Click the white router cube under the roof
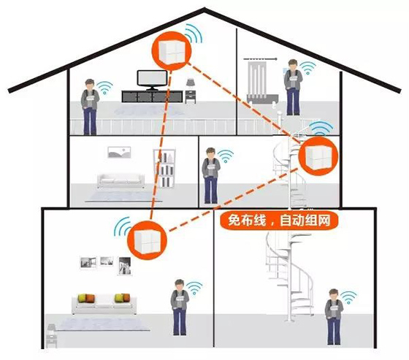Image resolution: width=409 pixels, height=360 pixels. [172, 51]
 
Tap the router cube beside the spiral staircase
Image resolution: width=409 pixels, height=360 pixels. [318, 156]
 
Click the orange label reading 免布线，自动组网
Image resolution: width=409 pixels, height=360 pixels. [279, 221]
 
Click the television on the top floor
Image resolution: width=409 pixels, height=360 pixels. [152, 80]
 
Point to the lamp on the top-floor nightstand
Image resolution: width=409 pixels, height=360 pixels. [191, 83]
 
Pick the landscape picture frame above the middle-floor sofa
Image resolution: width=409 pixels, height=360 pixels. [119, 153]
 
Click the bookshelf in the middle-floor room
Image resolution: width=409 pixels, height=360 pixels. [164, 168]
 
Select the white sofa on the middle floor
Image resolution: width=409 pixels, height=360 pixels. [121, 180]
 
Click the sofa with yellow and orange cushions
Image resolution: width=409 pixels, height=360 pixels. [104, 304]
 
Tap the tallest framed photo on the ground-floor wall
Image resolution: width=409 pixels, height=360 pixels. [124, 266]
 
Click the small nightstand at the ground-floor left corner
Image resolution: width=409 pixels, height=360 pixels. [51, 336]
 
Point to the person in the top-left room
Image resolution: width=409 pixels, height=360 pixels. [90, 107]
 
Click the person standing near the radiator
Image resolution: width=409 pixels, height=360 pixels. [293, 87]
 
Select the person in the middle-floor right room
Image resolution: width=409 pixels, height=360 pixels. [211, 175]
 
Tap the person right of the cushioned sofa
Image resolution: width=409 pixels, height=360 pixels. [180, 307]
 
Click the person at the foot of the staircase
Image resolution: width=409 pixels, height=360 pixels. [334, 317]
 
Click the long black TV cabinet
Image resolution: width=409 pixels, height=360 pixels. [152, 96]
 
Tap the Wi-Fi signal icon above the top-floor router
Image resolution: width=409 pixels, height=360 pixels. [194, 34]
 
